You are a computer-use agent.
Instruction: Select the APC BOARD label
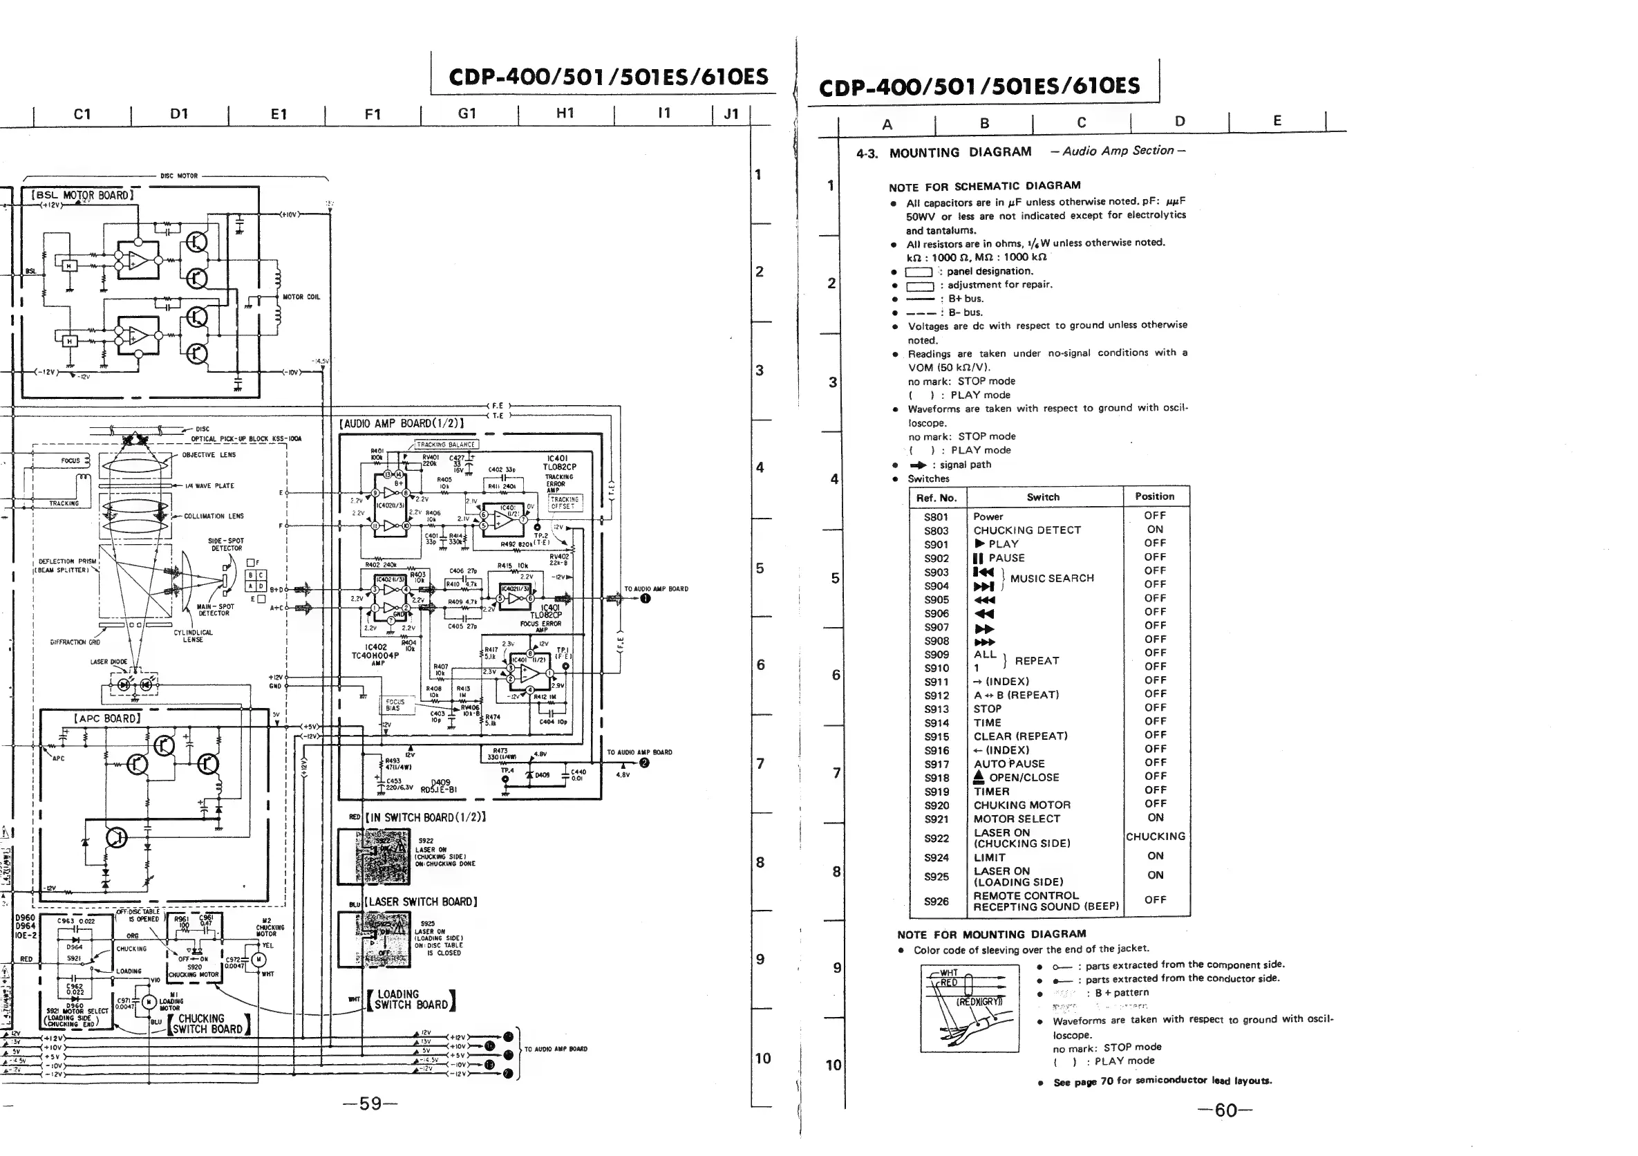pos(107,718)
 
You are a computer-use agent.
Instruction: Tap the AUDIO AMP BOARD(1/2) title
pos(402,423)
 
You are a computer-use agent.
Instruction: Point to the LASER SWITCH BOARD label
pos(421,902)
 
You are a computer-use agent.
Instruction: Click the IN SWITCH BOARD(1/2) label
pos(425,818)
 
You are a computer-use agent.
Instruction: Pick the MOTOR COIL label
pos(301,297)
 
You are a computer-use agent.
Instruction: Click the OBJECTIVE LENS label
pos(208,454)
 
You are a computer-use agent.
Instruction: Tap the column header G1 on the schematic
pos(467,113)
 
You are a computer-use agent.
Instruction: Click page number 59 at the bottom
pos(370,1104)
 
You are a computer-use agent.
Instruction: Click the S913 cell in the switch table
pos(936,709)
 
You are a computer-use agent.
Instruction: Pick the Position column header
pos(1154,496)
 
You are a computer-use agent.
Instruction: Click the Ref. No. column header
pos(936,498)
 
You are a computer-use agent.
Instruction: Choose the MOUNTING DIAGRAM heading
pos(959,152)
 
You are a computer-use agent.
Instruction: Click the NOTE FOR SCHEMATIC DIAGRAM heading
pos(984,186)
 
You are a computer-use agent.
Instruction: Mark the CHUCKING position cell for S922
pos(1155,837)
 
